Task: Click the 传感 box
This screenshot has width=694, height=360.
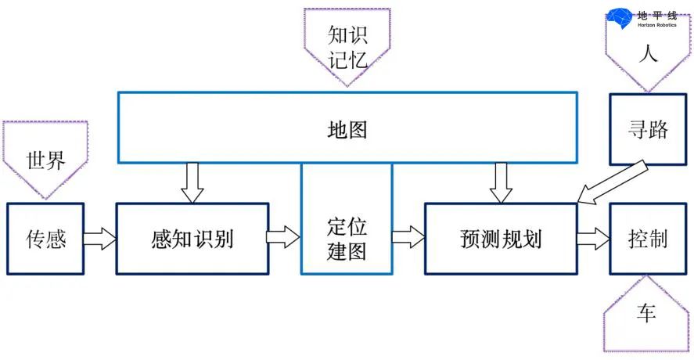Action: (x=45, y=239)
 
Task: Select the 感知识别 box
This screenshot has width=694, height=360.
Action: (x=192, y=239)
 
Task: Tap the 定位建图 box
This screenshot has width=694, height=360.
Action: (x=346, y=239)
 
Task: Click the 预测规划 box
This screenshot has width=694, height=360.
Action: (x=501, y=239)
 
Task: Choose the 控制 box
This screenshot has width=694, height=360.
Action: (x=648, y=239)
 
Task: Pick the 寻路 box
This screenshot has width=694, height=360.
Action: (x=648, y=130)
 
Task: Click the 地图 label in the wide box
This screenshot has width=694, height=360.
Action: (x=347, y=130)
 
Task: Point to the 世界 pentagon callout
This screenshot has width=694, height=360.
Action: (x=45, y=160)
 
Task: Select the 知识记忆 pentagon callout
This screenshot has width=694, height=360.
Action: (x=347, y=44)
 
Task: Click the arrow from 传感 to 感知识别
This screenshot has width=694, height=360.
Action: (x=99, y=238)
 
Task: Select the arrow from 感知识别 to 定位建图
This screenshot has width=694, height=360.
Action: (x=283, y=237)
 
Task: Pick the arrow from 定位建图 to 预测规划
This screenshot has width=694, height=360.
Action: (x=408, y=237)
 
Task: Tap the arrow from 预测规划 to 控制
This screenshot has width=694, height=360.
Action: (x=593, y=238)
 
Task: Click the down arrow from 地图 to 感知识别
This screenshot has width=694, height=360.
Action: (x=191, y=182)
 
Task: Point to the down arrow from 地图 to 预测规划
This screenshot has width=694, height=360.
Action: (x=500, y=182)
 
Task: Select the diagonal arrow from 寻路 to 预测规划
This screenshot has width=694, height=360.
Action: (x=610, y=182)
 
